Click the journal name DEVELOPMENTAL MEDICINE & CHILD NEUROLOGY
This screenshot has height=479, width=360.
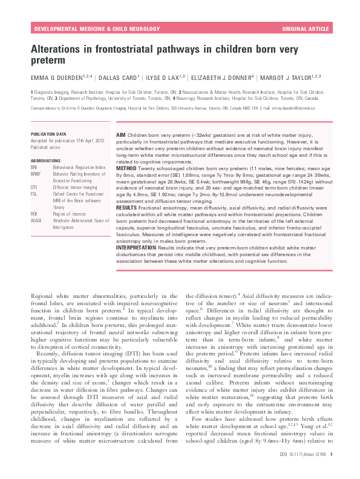click(x=90, y=28)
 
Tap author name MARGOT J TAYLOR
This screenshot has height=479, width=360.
click(x=290, y=77)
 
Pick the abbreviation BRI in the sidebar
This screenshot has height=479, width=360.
click(x=34, y=167)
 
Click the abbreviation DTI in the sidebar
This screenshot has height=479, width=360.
click(x=34, y=188)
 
